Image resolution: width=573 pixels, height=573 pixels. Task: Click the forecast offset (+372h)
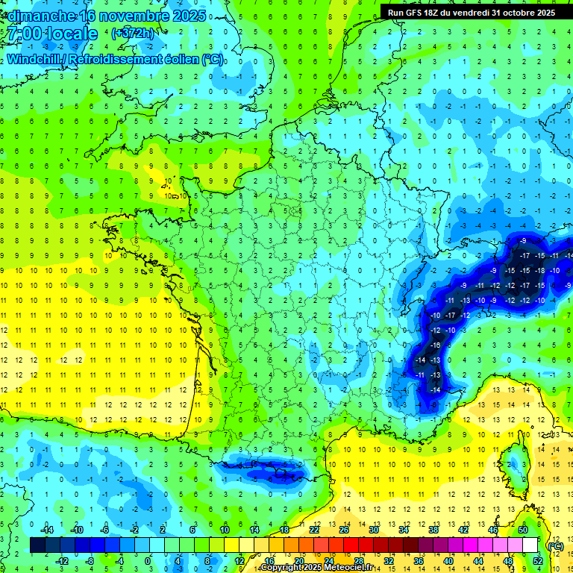click(x=133, y=34)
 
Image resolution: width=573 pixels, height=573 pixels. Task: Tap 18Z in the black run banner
click(x=424, y=12)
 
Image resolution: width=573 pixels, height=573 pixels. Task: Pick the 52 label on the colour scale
click(x=538, y=561)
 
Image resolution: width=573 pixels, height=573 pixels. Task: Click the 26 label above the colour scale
click(x=344, y=530)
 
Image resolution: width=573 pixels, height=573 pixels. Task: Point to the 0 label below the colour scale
click(x=147, y=561)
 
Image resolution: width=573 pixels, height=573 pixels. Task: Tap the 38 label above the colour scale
click(x=433, y=530)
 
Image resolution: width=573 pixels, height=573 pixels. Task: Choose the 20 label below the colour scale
click(x=299, y=561)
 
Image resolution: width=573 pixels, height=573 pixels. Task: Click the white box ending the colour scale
click(x=530, y=545)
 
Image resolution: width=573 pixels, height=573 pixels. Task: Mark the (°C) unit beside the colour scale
click(x=555, y=546)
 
